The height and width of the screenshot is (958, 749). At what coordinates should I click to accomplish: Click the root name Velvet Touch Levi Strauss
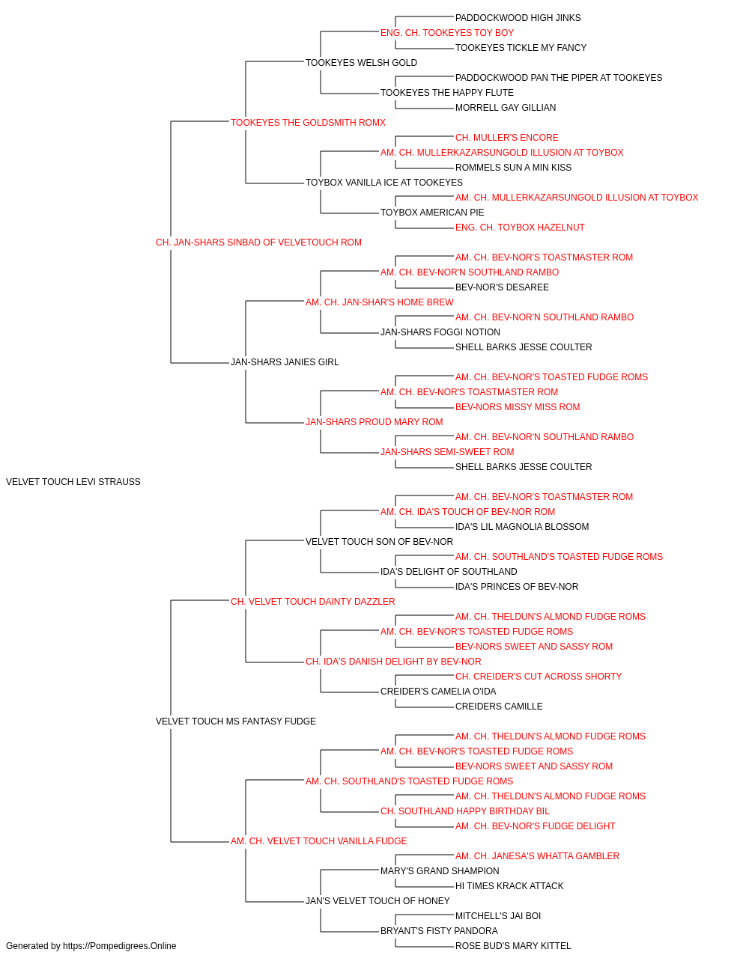coord(73,482)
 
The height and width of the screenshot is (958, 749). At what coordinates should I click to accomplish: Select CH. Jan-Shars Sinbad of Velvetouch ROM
coord(258,242)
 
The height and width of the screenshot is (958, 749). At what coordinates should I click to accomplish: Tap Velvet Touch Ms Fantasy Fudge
coord(235,721)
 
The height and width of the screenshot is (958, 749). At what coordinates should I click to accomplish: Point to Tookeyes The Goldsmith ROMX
coord(308,123)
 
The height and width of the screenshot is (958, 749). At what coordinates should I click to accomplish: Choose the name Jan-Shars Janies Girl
coord(285,362)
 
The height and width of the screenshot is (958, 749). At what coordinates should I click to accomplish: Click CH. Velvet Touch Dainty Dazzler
coord(313,601)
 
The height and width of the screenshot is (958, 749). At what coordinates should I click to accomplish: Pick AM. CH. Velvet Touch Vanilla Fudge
coord(318,840)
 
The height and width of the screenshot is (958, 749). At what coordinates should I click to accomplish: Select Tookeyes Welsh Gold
coord(361,63)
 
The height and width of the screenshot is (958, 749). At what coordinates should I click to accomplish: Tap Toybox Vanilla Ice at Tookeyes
coord(384,183)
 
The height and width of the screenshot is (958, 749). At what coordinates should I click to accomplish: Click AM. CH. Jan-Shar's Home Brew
coord(379,302)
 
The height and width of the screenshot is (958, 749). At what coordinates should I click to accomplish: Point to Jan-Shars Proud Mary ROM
coord(374,422)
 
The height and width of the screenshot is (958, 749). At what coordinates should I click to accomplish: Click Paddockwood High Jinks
coord(518,18)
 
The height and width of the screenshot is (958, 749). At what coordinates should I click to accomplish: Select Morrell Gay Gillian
coord(506,108)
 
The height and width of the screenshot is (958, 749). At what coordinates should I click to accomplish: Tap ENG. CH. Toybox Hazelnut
coord(520,228)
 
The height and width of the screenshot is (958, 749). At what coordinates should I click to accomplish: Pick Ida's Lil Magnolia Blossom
coord(522,526)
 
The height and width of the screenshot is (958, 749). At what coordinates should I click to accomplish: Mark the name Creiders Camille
coord(499,707)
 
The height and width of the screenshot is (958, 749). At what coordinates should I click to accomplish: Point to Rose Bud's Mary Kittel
coord(513,946)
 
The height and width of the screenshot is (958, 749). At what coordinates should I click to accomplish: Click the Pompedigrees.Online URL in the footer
coord(120,946)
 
